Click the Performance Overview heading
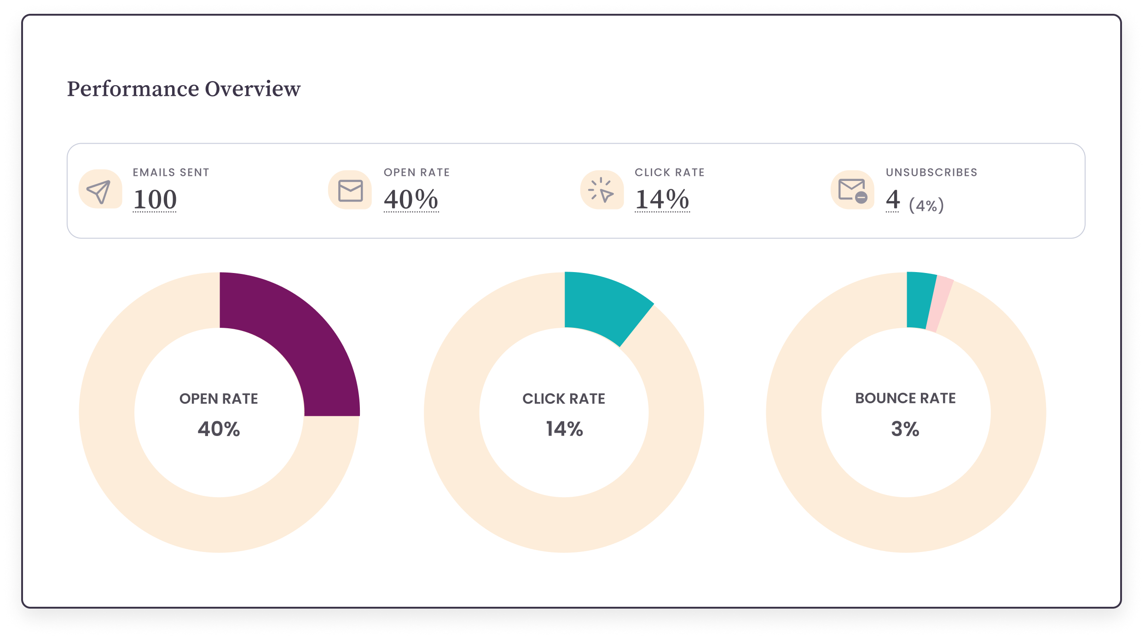(184, 89)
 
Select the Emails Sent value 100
(155, 199)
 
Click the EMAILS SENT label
(171, 172)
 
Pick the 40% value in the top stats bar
(411, 199)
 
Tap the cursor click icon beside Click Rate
(601, 190)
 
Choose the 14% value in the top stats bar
(662, 199)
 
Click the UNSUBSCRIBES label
(931, 172)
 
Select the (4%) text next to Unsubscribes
(926, 205)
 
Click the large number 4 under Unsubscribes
(892, 199)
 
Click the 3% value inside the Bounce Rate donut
(905, 429)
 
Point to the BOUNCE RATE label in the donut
(905, 398)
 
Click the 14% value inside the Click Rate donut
(564, 429)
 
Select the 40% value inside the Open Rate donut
(219, 429)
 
